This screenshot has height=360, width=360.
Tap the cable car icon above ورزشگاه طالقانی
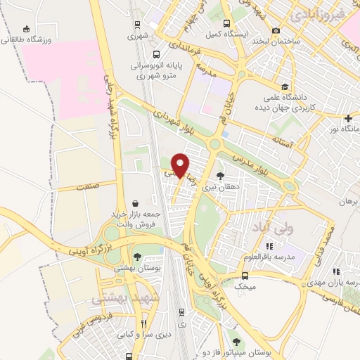click(27, 29)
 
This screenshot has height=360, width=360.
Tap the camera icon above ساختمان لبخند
click(276, 30)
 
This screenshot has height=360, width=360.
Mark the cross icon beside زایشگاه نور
click(349, 117)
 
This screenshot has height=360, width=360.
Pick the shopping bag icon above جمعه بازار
click(134, 202)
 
